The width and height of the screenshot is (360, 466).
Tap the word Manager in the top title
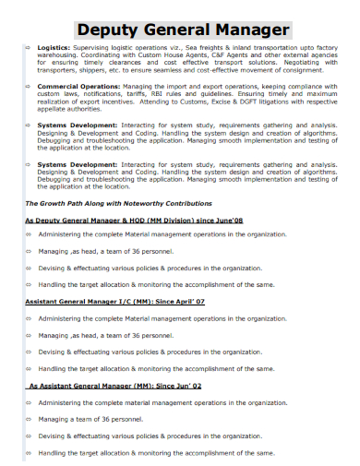(x=253, y=29)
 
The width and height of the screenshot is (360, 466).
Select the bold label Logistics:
(x=54, y=45)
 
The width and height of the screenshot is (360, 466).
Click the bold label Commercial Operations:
(x=80, y=86)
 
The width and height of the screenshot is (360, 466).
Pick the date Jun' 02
(x=183, y=387)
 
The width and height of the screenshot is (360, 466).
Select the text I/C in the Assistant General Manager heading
(x=128, y=302)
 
